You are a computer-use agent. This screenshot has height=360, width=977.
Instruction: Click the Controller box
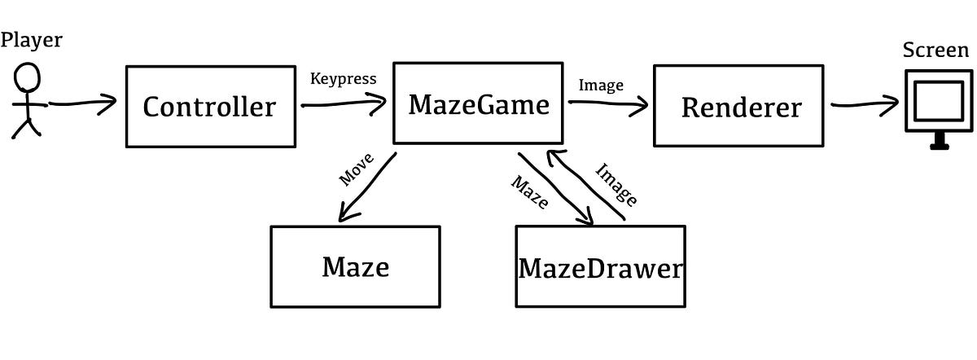(x=209, y=106)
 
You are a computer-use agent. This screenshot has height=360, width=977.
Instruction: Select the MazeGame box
(x=479, y=103)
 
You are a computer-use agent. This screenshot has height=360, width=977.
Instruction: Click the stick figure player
(x=28, y=102)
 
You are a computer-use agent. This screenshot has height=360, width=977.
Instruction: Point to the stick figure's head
(x=28, y=79)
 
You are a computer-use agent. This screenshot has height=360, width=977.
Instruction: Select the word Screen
(x=936, y=50)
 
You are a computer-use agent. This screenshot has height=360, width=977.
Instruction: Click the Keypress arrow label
(x=343, y=79)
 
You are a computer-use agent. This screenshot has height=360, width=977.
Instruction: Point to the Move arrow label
(x=356, y=167)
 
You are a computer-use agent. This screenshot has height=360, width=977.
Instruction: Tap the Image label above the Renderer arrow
(x=602, y=84)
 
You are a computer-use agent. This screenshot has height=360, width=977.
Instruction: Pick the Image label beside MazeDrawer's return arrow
(x=616, y=184)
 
